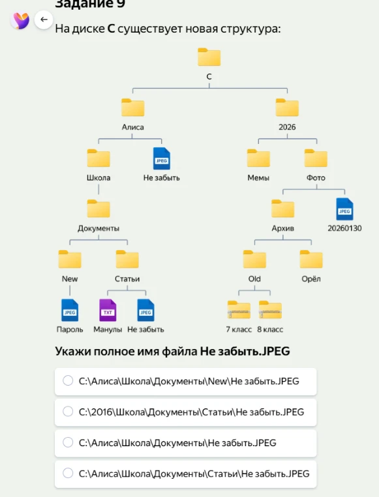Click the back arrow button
[x=44, y=20]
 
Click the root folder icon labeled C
[x=209, y=57]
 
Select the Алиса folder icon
[x=132, y=107]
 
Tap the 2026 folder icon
[x=287, y=107]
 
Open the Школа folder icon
[x=99, y=158]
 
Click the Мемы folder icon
[x=258, y=158]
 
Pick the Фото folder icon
[x=316, y=158]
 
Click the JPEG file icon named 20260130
[x=344, y=209]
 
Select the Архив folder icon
[x=283, y=208]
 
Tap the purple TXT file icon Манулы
[x=108, y=310]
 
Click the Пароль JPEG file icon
[x=70, y=310]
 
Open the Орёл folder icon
[x=311, y=259]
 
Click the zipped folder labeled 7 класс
[x=239, y=309]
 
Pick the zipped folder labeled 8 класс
[x=271, y=309]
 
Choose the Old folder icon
[x=254, y=259]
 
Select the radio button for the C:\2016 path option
[x=68, y=412]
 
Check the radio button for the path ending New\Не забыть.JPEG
[x=68, y=380]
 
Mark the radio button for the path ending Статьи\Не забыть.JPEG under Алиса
[x=68, y=473]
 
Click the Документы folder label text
[x=99, y=228]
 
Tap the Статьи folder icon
[x=127, y=259]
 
